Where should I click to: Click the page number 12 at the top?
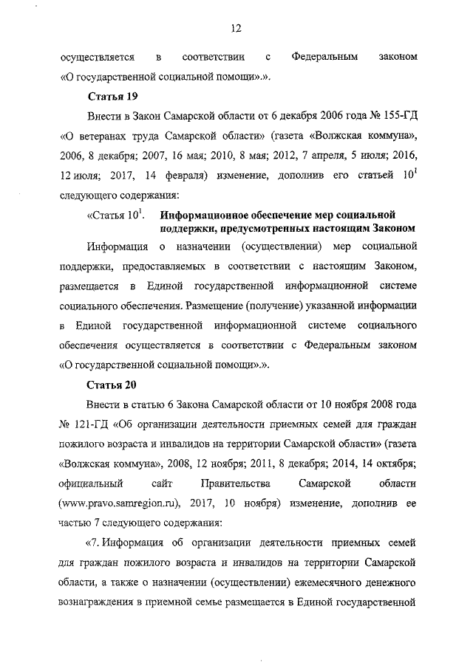point(236,29)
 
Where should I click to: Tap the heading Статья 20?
point(112,385)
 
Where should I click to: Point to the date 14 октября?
point(389,464)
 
